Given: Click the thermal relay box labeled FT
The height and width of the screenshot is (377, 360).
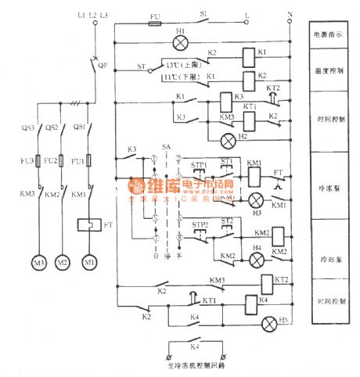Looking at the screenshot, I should click(88, 224).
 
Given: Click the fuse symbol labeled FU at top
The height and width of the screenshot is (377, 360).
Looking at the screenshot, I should click(155, 23).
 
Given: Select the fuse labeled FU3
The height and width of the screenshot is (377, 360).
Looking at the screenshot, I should click(28, 162).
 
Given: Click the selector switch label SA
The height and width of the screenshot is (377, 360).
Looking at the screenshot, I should click(165, 146).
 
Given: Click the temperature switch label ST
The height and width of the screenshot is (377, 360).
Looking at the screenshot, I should click(141, 67).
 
